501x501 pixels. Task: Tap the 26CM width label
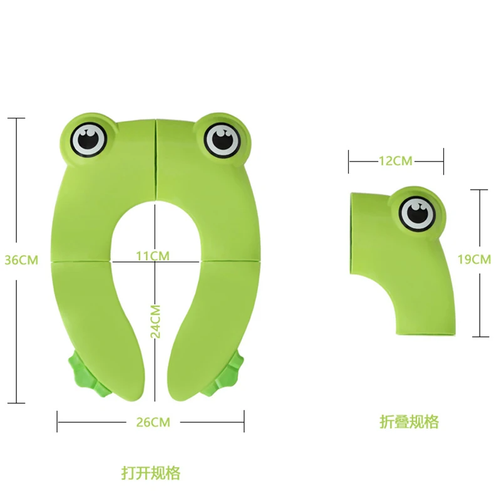click(153, 422)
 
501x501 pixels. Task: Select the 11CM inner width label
click(153, 256)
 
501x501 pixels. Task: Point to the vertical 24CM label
click(157, 321)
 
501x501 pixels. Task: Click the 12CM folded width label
click(395, 161)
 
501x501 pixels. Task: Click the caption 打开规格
click(150, 472)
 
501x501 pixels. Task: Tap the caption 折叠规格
click(409, 421)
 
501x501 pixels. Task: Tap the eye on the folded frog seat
click(416, 213)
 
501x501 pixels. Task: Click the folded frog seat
click(401, 263)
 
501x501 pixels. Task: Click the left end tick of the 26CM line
click(58, 421)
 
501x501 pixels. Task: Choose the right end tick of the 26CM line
click(244, 421)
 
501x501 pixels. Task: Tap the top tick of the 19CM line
click(479, 190)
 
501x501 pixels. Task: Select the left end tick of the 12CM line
click(349, 161)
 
